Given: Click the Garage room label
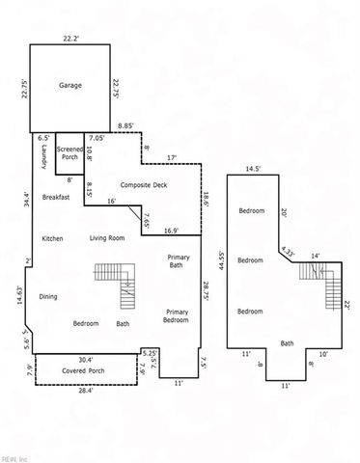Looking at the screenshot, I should click(69, 86).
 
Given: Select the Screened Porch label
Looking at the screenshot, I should click(69, 154).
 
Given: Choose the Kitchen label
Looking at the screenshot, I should click(52, 238).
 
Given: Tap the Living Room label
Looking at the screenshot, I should click(108, 238).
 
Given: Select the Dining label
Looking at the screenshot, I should click(48, 296).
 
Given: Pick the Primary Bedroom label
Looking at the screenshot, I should click(177, 317).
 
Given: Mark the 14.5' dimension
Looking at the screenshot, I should click(253, 169).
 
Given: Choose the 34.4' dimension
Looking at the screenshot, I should click(27, 200).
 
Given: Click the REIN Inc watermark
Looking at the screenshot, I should click(14, 457).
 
